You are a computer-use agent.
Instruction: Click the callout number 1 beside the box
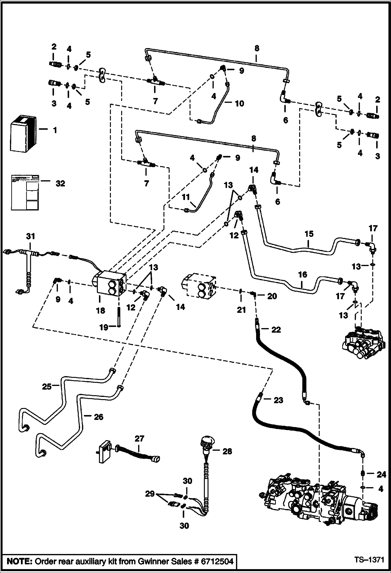[55, 130]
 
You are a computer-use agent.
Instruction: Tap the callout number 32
[60, 184]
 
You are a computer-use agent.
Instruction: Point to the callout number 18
[100, 310]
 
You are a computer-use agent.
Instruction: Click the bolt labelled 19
[119, 317]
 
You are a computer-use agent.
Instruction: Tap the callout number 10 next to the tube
[239, 103]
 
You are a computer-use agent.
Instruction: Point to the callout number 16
[303, 274]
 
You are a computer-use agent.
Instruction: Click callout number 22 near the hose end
[276, 330]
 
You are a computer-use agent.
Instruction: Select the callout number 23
[278, 400]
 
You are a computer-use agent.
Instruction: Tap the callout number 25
[47, 386]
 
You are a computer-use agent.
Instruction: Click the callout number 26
[99, 417]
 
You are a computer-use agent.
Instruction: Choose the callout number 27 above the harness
[139, 438]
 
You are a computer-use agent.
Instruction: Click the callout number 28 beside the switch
[227, 451]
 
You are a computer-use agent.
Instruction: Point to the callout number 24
[381, 474]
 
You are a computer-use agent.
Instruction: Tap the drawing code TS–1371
[369, 560]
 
